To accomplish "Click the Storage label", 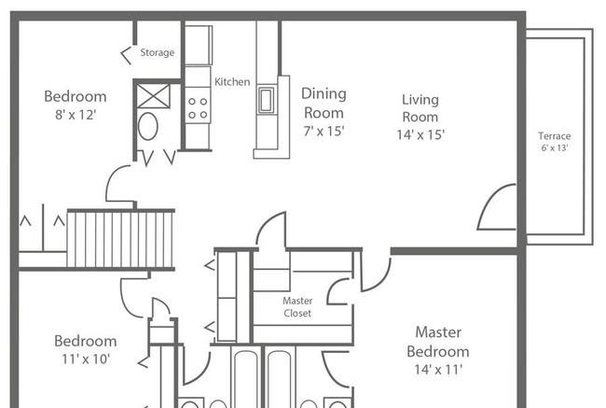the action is [157, 52].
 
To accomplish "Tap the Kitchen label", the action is [232, 81].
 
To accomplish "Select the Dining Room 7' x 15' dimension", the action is [324, 132].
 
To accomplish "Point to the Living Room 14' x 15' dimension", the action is [420, 134].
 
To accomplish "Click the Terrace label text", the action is [554, 136].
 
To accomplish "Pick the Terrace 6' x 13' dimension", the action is [554, 148].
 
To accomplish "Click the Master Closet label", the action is [297, 307].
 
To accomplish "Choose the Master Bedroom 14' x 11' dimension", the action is [438, 370].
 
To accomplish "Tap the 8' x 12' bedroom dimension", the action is [76, 115].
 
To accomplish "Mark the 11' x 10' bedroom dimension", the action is [86, 359].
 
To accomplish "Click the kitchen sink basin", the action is [266, 100].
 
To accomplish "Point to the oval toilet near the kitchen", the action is [148, 126].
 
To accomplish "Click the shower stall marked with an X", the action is [154, 96].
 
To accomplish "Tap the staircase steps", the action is [120, 239].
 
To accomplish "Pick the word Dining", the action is [324, 94].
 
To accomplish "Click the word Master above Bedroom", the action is [438, 332].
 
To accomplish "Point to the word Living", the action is [420, 100].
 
